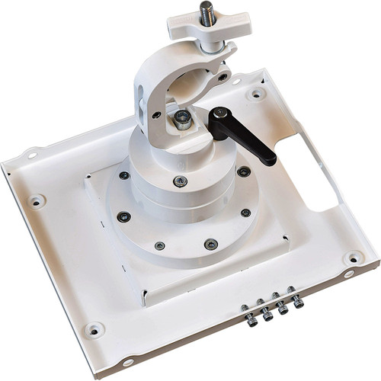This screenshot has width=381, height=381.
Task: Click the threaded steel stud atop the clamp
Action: coord(206,13)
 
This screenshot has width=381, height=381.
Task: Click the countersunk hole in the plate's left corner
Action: coord(36,201)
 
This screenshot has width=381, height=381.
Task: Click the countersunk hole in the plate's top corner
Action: coord(258,93)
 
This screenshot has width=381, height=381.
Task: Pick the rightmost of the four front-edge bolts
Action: coord(297,303)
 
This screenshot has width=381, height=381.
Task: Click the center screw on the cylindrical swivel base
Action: coord(180,181)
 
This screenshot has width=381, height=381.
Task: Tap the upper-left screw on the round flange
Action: coord(123,175)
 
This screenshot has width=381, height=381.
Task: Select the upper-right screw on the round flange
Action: coord(243,171)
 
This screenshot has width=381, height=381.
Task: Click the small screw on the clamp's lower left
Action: coord(156,115)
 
